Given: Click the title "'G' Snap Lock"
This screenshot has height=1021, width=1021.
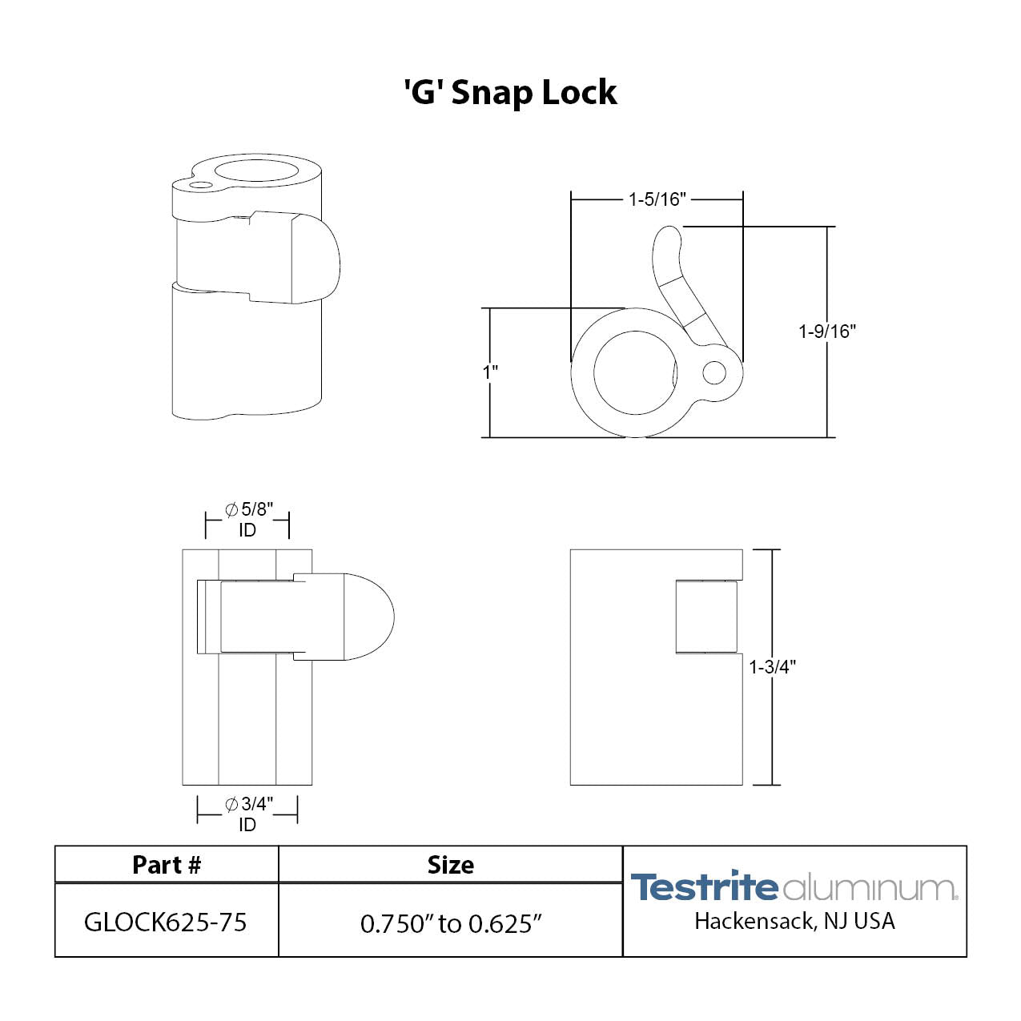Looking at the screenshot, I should click(x=510, y=92).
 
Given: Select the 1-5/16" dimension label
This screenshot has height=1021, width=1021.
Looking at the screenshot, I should click(x=657, y=199).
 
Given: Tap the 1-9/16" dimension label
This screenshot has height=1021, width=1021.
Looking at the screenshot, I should click(x=826, y=332).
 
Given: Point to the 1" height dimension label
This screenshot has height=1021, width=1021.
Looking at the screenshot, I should click(x=489, y=372).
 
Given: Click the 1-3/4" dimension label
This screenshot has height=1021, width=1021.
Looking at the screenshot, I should click(x=772, y=667).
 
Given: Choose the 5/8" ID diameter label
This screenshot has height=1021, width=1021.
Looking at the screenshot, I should click(x=247, y=519).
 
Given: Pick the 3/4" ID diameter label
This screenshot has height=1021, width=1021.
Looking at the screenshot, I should click(x=247, y=814).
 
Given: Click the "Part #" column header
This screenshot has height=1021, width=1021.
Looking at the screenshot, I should click(x=167, y=865).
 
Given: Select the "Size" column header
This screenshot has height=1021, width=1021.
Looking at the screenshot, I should click(x=450, y=865).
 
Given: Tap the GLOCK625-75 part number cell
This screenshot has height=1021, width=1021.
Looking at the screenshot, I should click(x=166, y=923).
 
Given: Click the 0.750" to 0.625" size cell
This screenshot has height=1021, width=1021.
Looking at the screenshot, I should click(x=450, y=923).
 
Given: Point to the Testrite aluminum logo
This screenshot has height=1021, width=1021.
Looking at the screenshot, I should click(x=794, y=886).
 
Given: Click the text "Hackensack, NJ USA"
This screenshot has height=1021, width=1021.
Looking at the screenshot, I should click(x=794, y=922).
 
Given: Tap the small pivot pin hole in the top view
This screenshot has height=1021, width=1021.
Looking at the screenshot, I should click(x=713, y=372).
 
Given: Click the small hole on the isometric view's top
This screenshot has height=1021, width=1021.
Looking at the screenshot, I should click(x=202, y=185).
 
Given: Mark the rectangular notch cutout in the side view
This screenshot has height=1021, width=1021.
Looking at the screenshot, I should click(x=706, y=617).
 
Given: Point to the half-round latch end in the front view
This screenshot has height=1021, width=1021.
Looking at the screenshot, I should click(x=370, y=617).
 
